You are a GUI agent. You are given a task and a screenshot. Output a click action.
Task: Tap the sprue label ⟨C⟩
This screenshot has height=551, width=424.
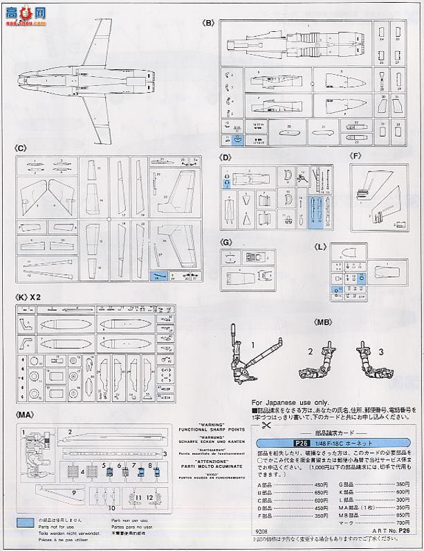point(20,148)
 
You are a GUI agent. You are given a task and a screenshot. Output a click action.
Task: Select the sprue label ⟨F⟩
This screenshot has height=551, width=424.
point(356,156)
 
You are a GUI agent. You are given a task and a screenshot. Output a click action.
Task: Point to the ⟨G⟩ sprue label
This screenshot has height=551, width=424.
point(226,242)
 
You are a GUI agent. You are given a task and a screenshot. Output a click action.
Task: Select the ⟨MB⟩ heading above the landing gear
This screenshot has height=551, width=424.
point(322,322)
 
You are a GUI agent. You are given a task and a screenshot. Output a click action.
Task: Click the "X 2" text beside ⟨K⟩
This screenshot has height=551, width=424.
point(37,296)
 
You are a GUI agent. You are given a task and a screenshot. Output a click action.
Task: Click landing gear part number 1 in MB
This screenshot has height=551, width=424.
point(254,344)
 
